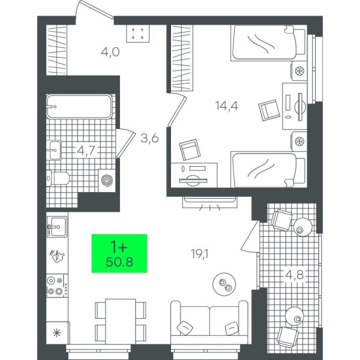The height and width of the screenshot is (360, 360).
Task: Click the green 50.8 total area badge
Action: [119, 253]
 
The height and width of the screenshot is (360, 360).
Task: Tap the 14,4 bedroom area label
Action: [227, 106]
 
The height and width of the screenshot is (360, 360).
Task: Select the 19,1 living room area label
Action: [200, 254]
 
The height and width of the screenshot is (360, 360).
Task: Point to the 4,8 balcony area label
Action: [294, 275]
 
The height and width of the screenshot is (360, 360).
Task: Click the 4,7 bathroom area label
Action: [86, 151]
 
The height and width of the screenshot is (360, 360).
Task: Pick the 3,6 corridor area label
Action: [149, 138]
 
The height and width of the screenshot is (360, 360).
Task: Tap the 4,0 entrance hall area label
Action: [110, 52]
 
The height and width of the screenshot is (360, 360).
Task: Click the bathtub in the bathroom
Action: [79, 106]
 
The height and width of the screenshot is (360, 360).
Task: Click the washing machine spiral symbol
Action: [107, 180]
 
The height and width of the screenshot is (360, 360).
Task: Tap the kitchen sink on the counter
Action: [57, 227]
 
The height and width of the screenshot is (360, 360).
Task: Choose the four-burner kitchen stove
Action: [58, 286]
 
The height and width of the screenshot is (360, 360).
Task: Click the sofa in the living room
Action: [209, 322]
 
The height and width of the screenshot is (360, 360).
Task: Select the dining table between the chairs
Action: [121, 322]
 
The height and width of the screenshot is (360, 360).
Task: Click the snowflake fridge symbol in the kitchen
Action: [57, 332]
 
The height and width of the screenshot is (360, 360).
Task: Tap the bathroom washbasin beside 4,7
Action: [55, 150]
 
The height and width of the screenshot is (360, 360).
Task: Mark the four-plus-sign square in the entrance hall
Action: [138, 33]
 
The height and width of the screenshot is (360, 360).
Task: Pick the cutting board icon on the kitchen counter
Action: [57, 256]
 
